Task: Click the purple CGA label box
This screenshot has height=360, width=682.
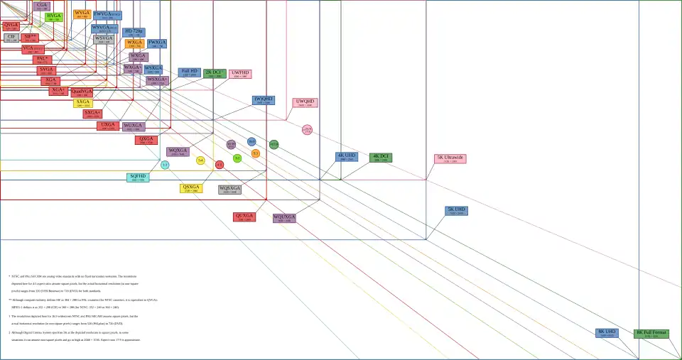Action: (42, 6)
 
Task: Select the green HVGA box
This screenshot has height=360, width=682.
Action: (54, 16)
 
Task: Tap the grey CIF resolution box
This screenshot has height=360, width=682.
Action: (11, 38)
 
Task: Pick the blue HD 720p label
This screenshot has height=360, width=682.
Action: (134, 33)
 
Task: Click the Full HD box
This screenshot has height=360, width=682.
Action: (190, 72)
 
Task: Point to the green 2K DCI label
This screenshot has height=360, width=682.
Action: (215, 73)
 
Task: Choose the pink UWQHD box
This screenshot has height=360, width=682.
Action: (305, 103)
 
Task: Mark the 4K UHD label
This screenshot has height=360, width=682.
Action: (347, 157)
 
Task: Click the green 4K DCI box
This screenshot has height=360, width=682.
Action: (381, 158)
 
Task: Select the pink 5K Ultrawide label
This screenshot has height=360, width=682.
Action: (450, 159)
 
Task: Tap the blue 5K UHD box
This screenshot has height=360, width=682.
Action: (456, 211)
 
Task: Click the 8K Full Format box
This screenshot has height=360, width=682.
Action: (651, 334)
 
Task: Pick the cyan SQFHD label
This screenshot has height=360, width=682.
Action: (138, 178)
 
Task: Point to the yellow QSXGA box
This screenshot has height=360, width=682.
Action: (191, 188)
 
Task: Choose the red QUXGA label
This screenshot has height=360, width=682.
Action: (244, 217)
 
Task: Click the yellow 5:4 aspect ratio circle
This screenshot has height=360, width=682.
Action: (200, 160)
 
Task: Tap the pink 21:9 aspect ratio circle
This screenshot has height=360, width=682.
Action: (307, 130)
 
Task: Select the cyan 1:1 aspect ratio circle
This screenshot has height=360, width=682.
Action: (165, 165)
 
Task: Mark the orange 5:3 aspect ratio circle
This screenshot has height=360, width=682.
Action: (256, 153)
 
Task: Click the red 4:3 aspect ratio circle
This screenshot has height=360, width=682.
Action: (220, 165)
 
